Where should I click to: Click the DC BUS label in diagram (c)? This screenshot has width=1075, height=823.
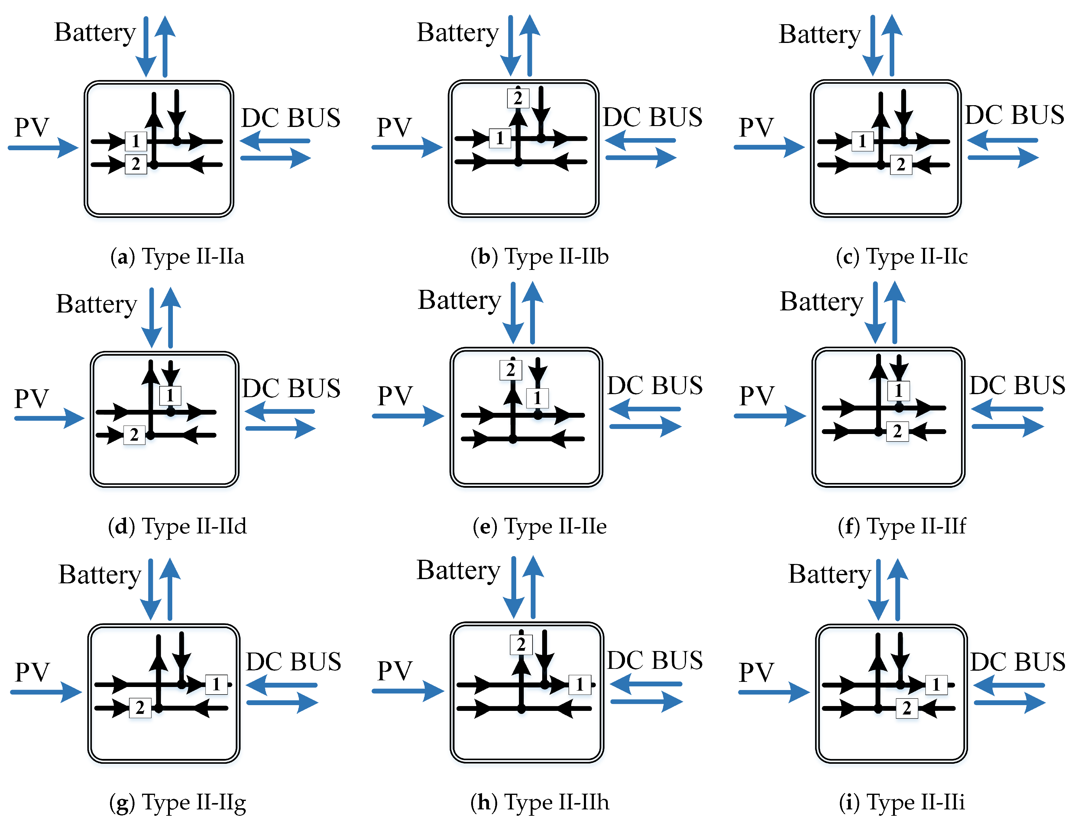tap(1014, 115)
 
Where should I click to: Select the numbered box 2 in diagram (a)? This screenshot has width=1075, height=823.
tap(136, 164)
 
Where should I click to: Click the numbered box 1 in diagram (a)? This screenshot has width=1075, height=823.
tap(136, 141)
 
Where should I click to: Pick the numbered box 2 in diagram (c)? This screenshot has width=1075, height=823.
tap(901, 165)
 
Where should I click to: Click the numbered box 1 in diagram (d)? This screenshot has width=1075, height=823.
tap(170, 395)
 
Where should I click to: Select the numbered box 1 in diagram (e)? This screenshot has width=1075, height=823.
tap(537, 398)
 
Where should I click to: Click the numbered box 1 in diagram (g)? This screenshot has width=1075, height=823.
tap(216, 684)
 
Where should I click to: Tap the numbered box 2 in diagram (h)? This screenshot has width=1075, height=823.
tap(521, 644)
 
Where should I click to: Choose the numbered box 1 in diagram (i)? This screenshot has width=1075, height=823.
tap(936, 684)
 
